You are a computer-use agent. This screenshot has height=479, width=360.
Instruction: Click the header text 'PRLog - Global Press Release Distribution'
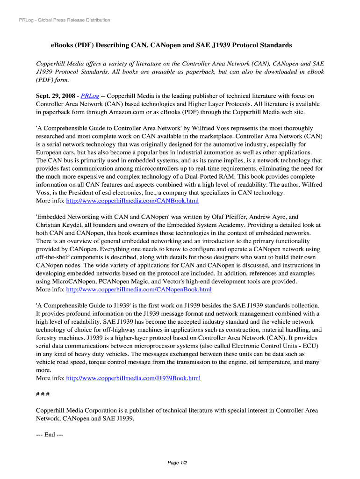(65, 20)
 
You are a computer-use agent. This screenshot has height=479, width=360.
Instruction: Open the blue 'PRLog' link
(90, 96)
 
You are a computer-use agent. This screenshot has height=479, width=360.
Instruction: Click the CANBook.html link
(132, 201)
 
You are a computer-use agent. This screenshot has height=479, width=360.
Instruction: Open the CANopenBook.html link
(139, 290)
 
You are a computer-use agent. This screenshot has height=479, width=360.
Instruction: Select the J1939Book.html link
(133, 378)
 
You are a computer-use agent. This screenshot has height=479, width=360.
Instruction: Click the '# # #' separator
(43, 394)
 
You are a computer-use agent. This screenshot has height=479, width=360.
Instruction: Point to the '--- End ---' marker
(50, 435)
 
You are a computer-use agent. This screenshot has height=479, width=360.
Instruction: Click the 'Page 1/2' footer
(177, 463)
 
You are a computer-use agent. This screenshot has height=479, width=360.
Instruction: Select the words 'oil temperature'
(274, 362)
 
